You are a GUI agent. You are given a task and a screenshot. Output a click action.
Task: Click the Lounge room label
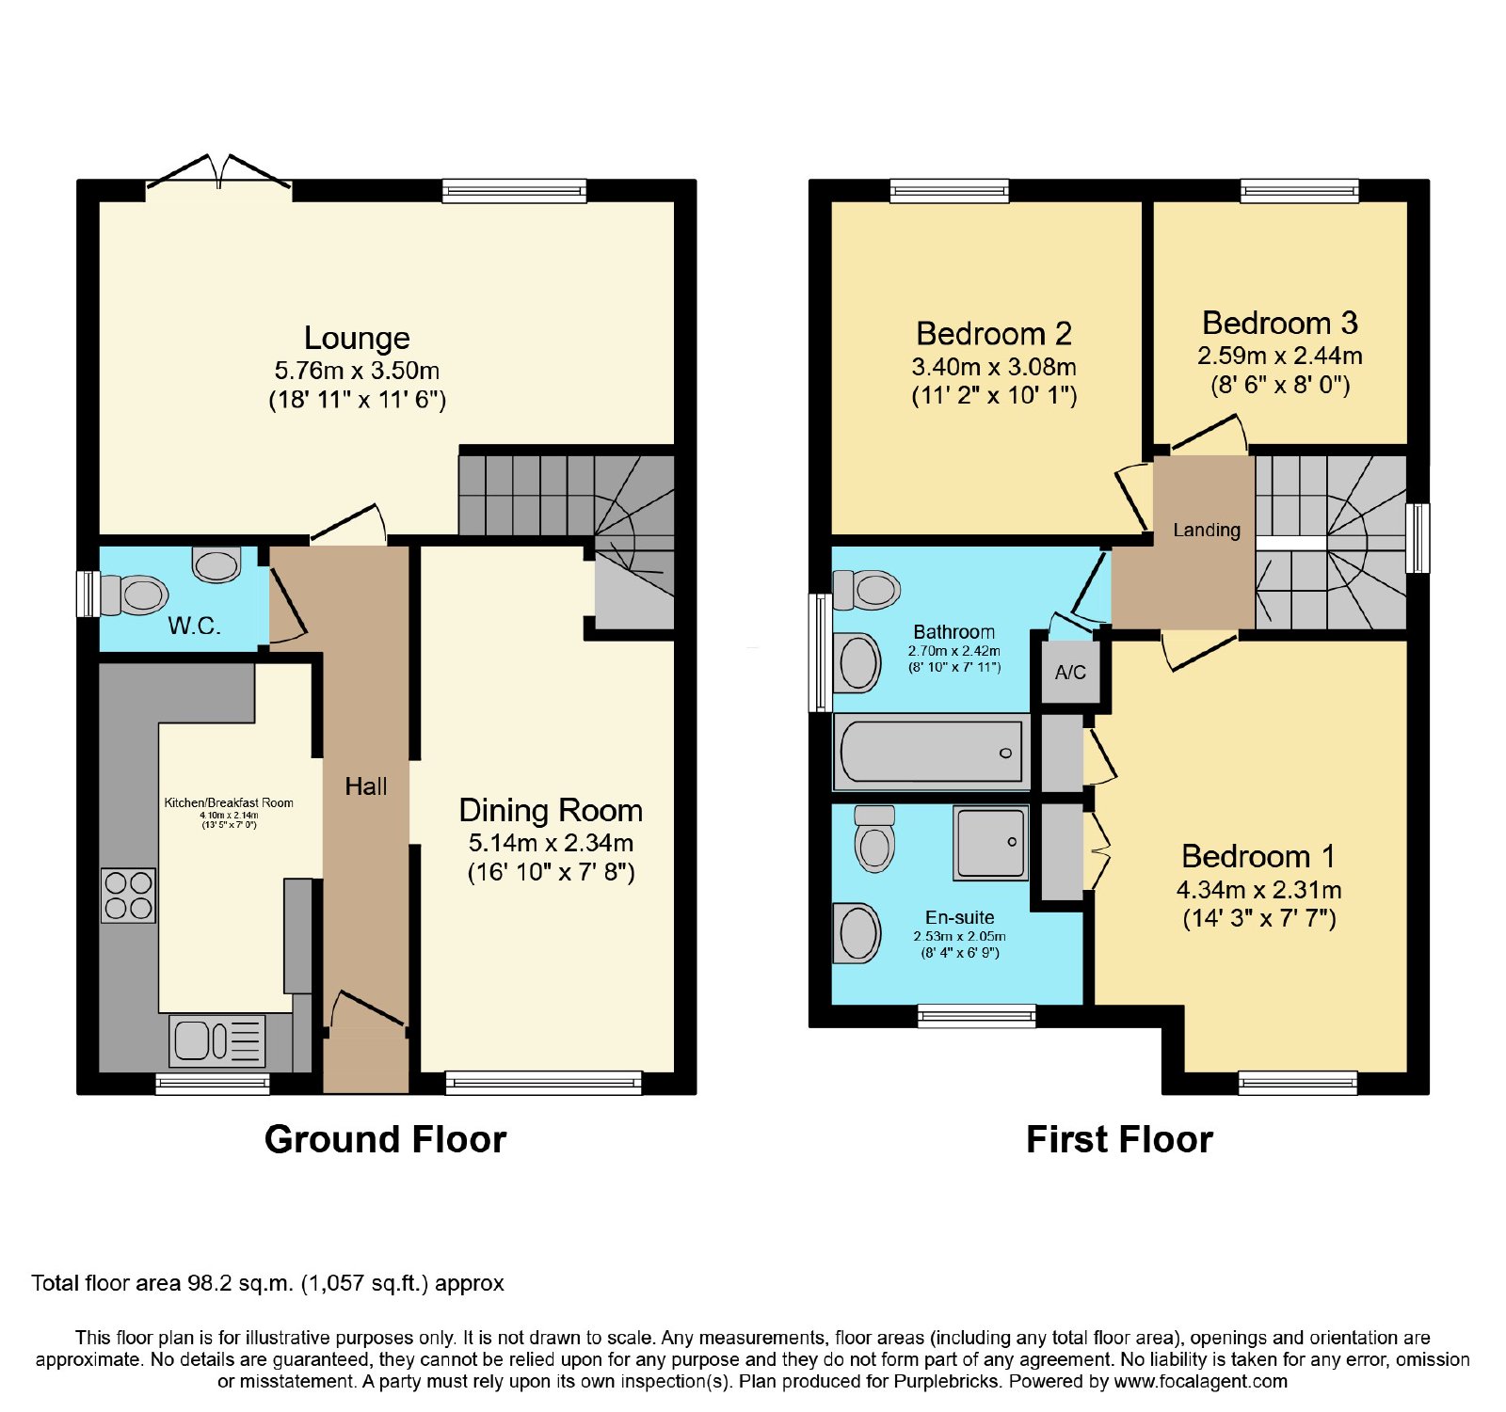[357, 338]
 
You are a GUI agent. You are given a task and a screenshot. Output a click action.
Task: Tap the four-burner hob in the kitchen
[129, 895]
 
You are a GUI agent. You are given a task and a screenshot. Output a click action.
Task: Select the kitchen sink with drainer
[217, 1041]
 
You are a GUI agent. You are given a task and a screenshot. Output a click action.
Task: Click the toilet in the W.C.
[135, 595]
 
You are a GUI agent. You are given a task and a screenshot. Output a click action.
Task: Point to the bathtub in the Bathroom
[932, 752]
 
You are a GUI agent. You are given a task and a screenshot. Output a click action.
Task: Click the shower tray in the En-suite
[990, 843]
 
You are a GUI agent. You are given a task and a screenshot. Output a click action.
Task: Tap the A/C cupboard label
[1070, 673]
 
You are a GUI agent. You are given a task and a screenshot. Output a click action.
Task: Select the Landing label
[1207, 531]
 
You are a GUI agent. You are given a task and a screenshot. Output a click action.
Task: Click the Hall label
[366, 786]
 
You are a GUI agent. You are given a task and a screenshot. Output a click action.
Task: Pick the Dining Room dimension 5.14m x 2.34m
[551, 843]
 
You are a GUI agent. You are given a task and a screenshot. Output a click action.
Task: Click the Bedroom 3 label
[1280, 323]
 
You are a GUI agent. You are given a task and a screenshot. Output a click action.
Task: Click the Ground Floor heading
[386, 1139]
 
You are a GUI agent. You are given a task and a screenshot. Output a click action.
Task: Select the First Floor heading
[1119, 1139]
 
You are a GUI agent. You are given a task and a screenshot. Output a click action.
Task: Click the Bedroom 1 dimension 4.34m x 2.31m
[1259, 890]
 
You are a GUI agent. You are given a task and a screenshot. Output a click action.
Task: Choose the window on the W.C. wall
[88, 594]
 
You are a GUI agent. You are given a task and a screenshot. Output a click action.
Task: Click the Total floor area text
[267, 1284]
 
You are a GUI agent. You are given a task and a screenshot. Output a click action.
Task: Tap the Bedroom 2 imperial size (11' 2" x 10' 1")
[994, 395]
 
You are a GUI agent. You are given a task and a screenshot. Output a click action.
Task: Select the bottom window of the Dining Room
[543, 1083]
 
